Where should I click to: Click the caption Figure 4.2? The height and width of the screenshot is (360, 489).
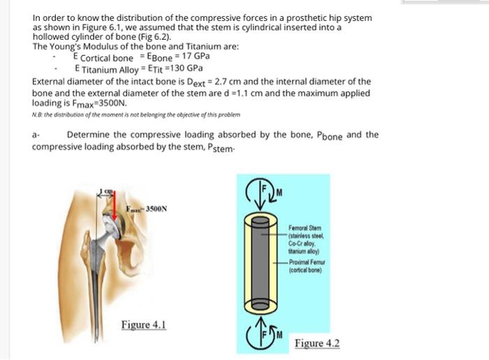pyautogui.click(x=316, y=343)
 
